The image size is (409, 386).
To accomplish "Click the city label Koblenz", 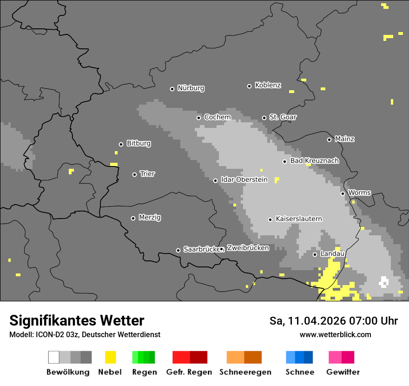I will click(x=268, y=86).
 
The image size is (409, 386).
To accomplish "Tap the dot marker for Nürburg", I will click(x=172, y=89).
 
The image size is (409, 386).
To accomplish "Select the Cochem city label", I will click(x=218, y=117).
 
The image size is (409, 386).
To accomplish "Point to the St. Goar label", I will click(x=283, y=117).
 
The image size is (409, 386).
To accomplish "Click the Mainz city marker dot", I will click(x=329, y=140).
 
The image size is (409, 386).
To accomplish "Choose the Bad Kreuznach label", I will click(x=314, y=161).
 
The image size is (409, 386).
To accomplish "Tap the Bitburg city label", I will click(x=139, y=144).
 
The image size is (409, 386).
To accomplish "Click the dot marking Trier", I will click(x=134, y=174).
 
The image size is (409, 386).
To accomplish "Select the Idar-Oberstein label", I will click(x=244, y=180).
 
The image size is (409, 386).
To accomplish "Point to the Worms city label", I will click(x=359, y=193).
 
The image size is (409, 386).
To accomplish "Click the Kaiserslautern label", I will click(x=298, y=219).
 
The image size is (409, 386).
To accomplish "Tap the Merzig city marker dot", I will click(x=133, y=218).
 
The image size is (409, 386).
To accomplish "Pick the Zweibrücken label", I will click(x=248, y=248).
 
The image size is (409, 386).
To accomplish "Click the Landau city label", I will click(x=332, y=254).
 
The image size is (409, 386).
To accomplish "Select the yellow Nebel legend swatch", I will click(x=110, y=357).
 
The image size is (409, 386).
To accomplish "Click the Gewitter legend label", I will click(x=343, y=372).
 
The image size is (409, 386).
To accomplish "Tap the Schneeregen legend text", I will click(x=245, y=372).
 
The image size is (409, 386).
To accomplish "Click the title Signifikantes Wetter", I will click(x=77, y=321).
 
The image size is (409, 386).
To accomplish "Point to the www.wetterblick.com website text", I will click(x=335, y=335).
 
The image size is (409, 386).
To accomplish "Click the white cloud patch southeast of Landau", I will click(x=384, y=282).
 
